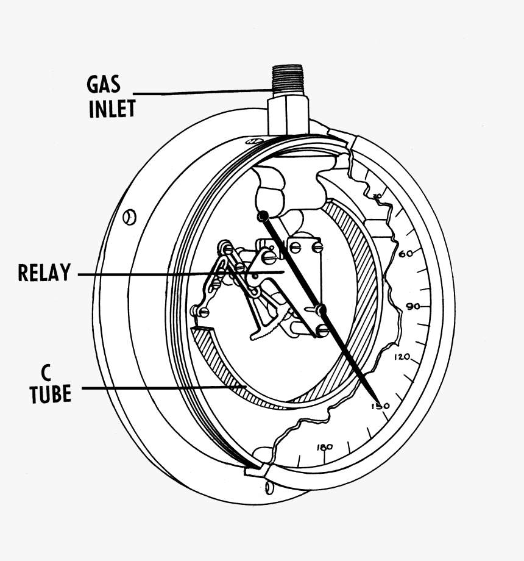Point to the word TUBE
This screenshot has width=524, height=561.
point(51,394)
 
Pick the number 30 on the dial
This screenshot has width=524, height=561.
point(377,196)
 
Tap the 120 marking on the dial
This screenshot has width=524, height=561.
point(403,357)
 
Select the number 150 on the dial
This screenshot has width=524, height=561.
point(380,406)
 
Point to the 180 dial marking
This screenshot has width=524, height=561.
point(325,447)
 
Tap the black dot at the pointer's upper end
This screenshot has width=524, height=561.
point(263,216)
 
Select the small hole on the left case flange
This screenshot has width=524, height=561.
point(129,216)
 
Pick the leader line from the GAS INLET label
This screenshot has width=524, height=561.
point(201,92)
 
